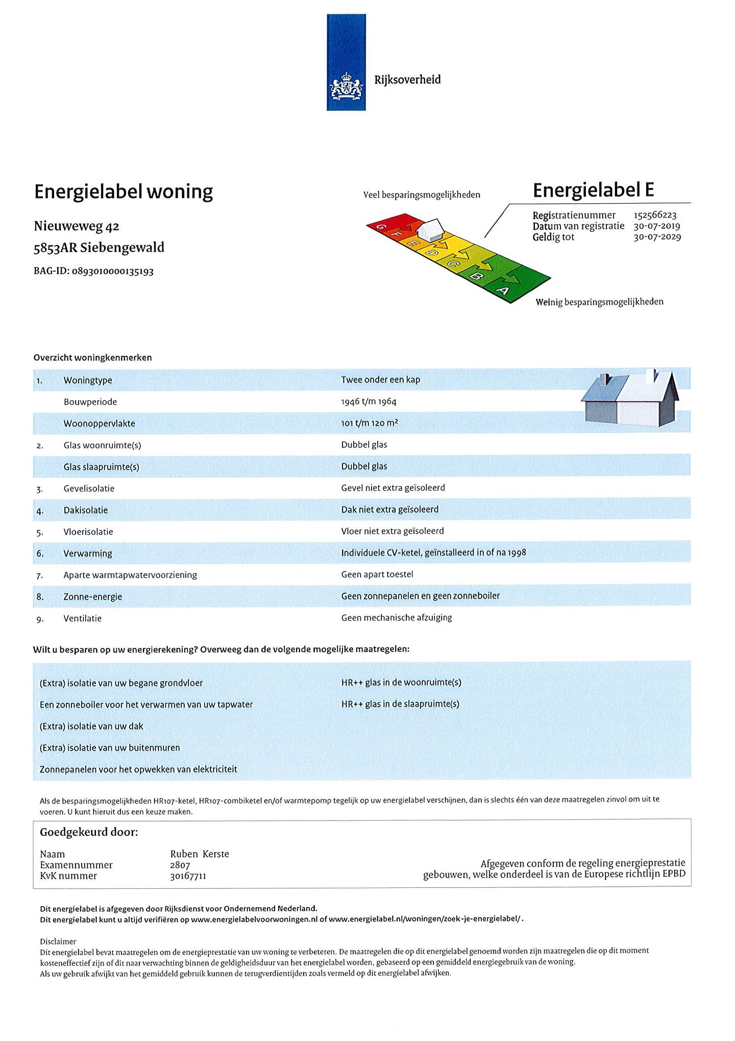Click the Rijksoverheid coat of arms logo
click(x=346, y=86)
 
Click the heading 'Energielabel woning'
click(x=124, y=192)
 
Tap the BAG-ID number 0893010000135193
click(x=112, y=271)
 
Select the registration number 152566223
click(x=655, y=215)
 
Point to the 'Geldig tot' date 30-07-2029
click(x=657, y=237)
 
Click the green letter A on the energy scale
click(x=503, y=290)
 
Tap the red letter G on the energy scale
click(x=380, y=226)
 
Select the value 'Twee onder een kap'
click(x=380, y=380)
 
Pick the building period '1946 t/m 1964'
click(x=369, y=402)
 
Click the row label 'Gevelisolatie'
click(x=89, y=489)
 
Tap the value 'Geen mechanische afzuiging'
click(x=396, y=618)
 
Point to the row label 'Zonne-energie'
click(x=92, y=597)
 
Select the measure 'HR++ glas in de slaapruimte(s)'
click(x=400, y=704)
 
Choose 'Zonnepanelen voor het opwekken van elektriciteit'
click(x=138, y=769)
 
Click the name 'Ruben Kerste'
click(x=199, y=854)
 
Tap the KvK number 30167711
click(x=188, y=876)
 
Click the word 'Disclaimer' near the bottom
click(x=58, y=941)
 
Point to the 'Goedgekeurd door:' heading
click(x=89, y=833)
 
